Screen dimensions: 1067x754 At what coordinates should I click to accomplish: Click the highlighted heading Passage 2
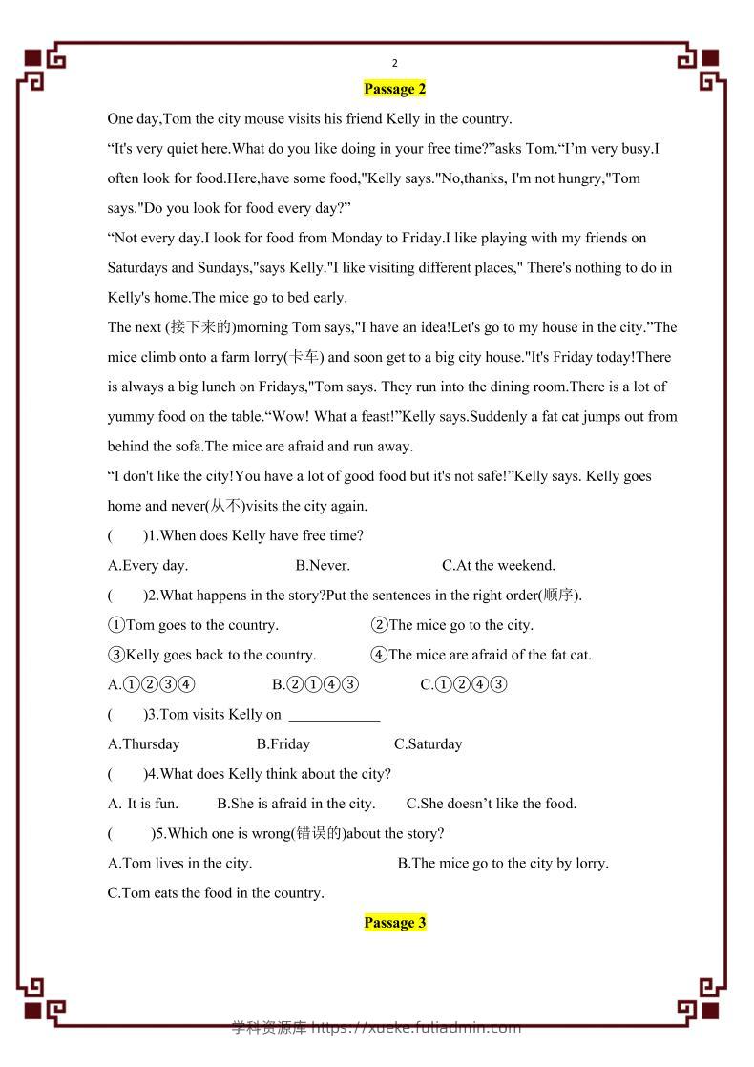pos(394,89)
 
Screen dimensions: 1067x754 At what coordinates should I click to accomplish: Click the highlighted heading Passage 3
pos(394,923)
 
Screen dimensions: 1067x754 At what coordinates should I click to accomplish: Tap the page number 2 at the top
pos(394,64)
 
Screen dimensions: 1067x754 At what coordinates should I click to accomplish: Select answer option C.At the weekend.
pos(498,565)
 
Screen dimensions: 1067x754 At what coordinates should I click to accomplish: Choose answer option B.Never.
pos(323,565)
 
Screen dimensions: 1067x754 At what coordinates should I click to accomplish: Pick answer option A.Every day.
pos(148,565)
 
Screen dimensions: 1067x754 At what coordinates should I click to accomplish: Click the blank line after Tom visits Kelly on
pos(334,715)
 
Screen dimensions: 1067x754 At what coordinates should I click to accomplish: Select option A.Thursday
pos(144,744)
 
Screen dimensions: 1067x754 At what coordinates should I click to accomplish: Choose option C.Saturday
pos(428,744)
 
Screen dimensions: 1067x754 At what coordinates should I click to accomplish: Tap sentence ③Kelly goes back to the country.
pos(212,655)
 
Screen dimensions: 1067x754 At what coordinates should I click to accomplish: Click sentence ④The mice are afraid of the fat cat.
pos(481,655)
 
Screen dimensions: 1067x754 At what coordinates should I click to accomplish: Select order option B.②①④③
pos(315,684)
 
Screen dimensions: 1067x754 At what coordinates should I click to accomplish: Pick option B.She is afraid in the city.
pos(296,804)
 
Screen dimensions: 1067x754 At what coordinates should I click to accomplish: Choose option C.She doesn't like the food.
pos(492,804)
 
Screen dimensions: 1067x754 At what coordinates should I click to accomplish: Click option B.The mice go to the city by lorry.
pos(503,864)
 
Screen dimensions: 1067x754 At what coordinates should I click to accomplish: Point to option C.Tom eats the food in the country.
pos(217,893)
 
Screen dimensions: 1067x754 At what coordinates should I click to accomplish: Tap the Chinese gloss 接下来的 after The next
pos(199,327)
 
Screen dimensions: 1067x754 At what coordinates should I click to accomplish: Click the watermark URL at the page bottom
pos(376,1028)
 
